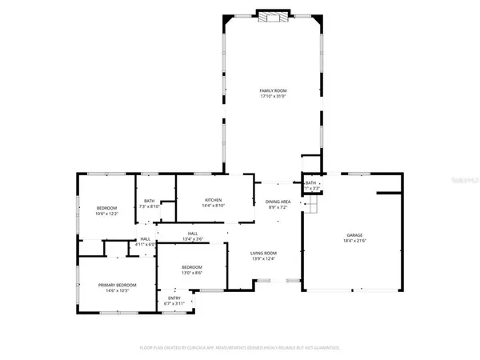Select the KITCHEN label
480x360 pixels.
213,200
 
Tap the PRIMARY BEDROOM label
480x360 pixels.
118,285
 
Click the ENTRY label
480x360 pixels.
174,298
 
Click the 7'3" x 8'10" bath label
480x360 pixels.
150,206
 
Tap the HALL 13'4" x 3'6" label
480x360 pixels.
193,238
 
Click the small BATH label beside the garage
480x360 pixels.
311,183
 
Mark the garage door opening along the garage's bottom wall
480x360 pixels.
345,290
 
